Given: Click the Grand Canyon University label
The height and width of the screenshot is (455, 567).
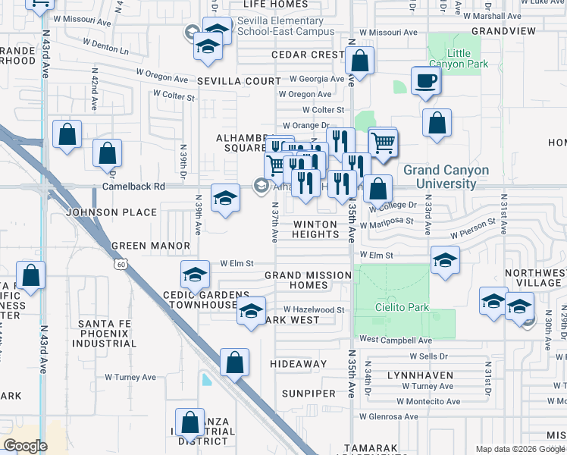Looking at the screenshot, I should coord(446,177).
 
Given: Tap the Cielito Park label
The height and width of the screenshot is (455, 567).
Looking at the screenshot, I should coord(402,307).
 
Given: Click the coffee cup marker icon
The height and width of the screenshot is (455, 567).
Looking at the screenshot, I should coord(425,80).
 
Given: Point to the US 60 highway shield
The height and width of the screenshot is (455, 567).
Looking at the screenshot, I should coord(121,265).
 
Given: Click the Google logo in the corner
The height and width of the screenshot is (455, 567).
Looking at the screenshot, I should coord(25,445).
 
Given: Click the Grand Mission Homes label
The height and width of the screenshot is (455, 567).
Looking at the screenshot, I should coord(307,280).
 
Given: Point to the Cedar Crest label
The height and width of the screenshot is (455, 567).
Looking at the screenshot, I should coord(308,55).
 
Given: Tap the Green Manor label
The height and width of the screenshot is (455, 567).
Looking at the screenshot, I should coord(150,246).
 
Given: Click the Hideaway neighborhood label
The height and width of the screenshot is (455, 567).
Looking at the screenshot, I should coord(299,364).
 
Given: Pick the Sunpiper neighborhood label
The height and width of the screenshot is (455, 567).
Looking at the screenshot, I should coord(309,394).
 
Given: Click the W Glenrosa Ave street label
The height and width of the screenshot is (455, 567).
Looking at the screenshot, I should coord(389,416).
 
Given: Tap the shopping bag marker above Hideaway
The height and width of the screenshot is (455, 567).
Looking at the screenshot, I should coord(235,362).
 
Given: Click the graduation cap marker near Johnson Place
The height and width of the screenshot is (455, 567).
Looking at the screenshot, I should coord(225,199).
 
